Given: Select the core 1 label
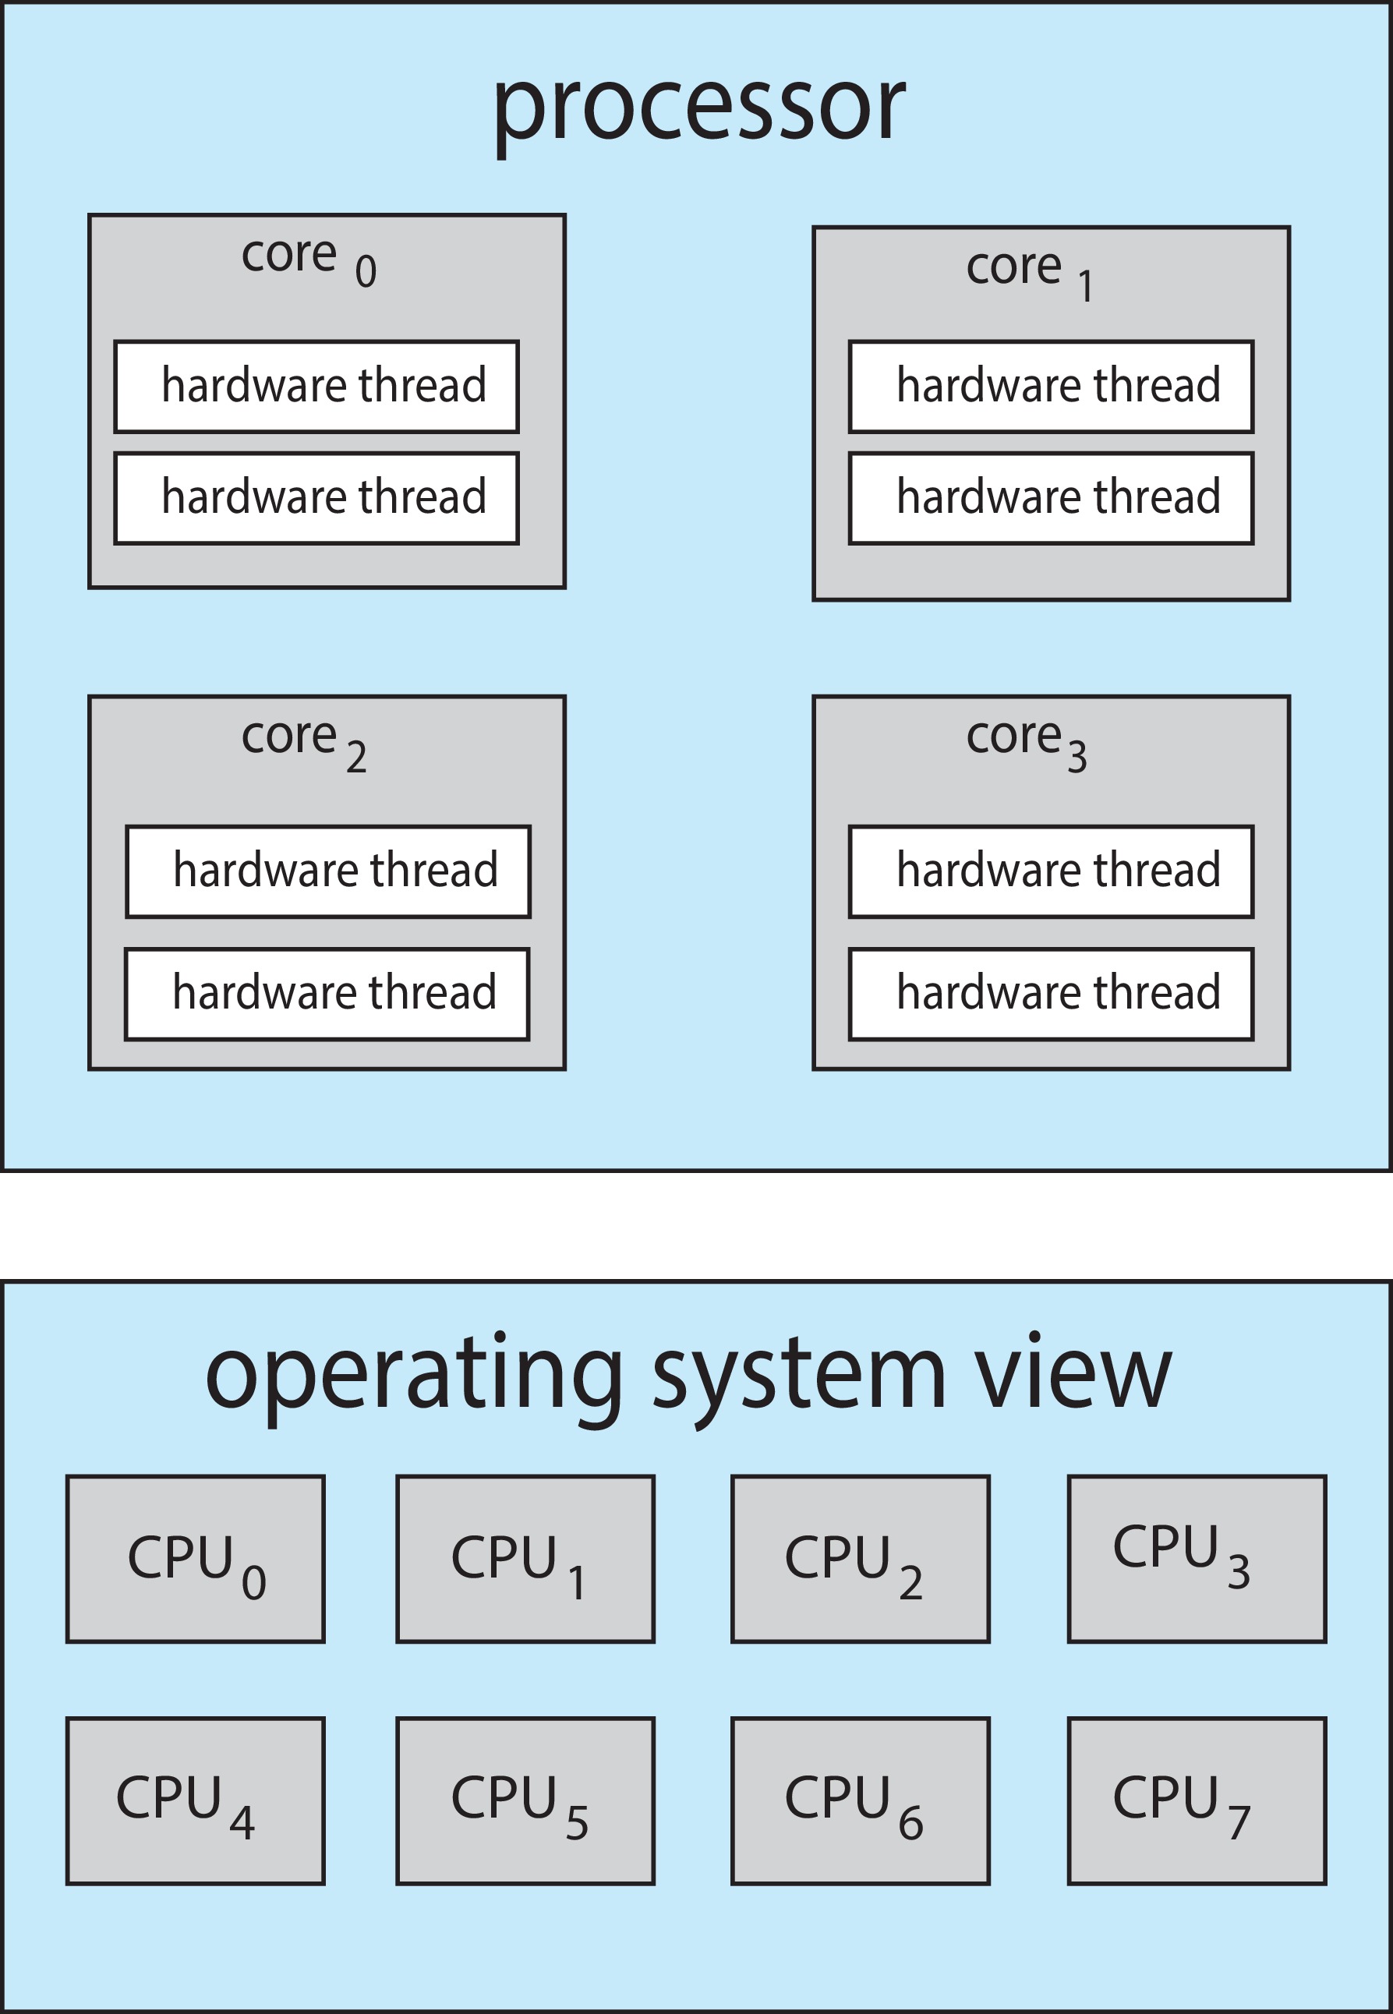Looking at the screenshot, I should coord(1029,271).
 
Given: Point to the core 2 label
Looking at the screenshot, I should coord(303,742).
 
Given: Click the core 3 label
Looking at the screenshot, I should coord(1026,742).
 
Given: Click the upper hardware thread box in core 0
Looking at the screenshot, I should coord(316,387).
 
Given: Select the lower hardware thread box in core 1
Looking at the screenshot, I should coord(1051,498).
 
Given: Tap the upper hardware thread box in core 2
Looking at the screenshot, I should coord(328,871).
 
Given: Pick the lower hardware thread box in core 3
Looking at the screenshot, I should coord(1051,993).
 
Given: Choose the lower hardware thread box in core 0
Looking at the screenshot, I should coord(316,498).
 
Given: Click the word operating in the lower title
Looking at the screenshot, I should coord(414,1379).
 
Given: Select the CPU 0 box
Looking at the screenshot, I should coord(196,1560).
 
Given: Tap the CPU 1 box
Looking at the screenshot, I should coord(525,1560).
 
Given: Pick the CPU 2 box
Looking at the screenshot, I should coord(860,1560).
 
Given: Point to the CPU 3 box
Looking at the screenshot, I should coord(1197,1560).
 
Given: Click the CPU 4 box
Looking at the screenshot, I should coord(196,1801).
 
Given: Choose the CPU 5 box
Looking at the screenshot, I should coord(525,1801).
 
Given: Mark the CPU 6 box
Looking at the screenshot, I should coord(860,1801).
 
